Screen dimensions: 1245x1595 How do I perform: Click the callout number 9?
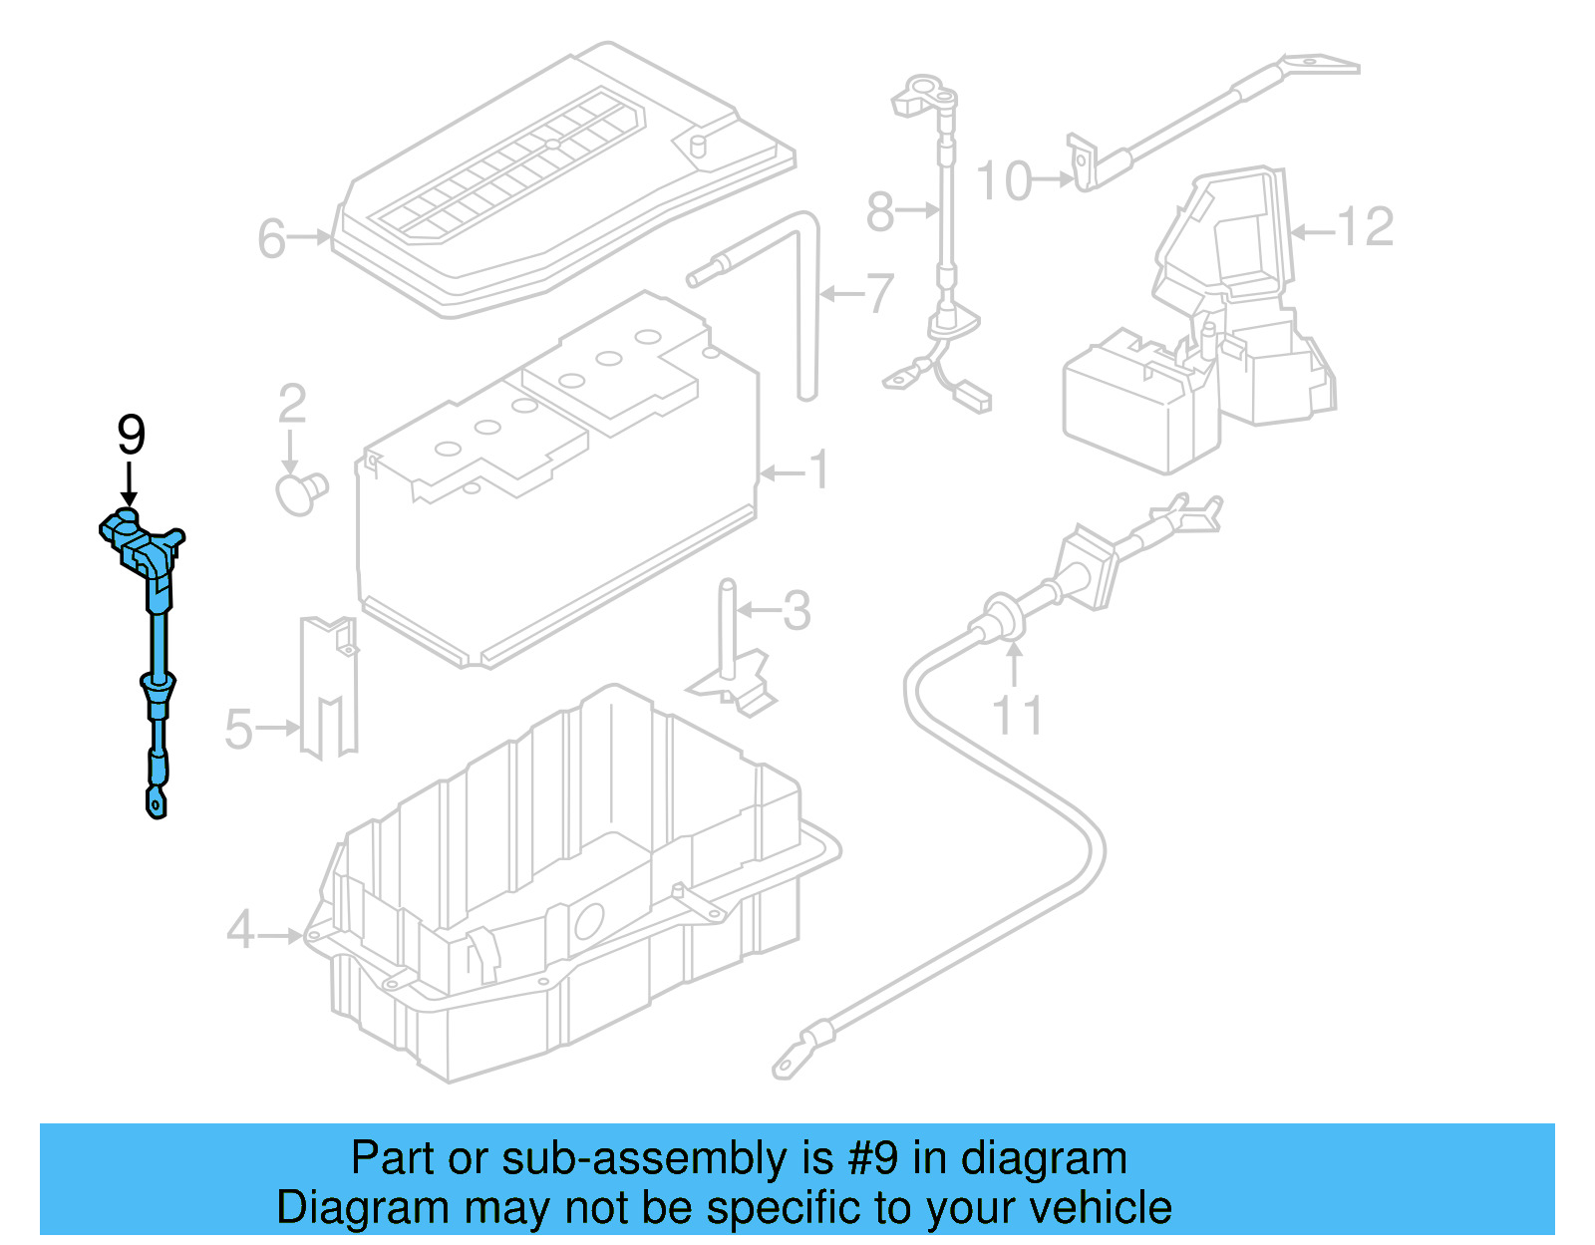click(x=131, y=435)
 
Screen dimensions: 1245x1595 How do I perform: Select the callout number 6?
click(x=271, y=239)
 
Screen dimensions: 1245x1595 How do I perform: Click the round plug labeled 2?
click(x=298, y=493)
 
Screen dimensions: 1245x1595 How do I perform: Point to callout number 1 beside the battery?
click(x=818, y=469)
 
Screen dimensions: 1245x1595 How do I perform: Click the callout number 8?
click(x=879, y=211)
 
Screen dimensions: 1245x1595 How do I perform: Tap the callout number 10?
click(x=1003, y=181)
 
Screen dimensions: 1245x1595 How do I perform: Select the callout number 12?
click(x=1365, y=227)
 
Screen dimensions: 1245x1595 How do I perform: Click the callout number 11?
click(x=1018, y=716)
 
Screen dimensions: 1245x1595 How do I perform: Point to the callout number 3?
click(x=796, y=610)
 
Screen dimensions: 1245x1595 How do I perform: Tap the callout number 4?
click(x=240, y=931)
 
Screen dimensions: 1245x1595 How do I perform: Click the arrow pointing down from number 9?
click(x=129, y=485)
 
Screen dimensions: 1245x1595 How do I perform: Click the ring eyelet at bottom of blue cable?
click(x=156, y=799)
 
